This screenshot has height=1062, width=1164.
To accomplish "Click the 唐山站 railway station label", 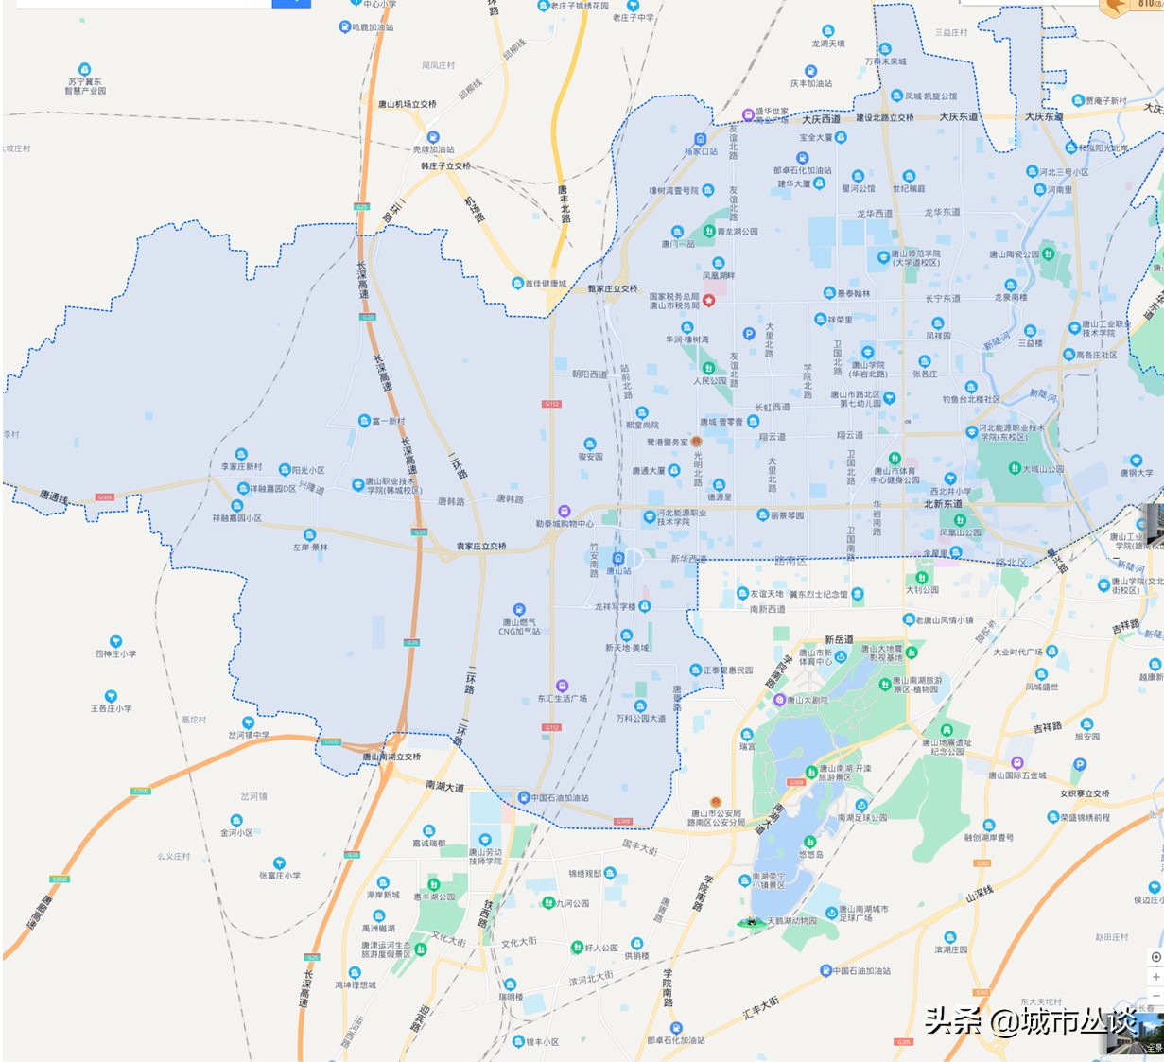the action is (x=618, y=570).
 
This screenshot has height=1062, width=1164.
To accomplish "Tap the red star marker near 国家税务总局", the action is (x=709, y=300).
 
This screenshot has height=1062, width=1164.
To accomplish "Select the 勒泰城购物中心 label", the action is (x=565, y=523).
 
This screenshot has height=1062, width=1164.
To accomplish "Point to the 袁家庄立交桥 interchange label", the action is (x=481, y=546).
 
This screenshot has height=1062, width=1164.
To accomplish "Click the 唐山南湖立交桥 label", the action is (x=391, y=757).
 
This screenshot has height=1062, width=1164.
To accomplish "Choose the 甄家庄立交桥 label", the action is (x=613, y=288).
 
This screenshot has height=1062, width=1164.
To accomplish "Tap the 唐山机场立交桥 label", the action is (x=407, y=104).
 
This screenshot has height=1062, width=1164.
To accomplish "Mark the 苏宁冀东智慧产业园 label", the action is (x=85, y=86).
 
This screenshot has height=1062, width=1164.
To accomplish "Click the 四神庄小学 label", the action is (x=115, y=653).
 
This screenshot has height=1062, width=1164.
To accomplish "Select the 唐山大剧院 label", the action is (x=807, y=700).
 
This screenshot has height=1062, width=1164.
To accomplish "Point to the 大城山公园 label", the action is (x=1042, y=469).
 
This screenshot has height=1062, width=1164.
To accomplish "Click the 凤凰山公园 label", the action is (x=960, y=532).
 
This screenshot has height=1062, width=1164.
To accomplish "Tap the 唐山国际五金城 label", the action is (x=1017, y=775).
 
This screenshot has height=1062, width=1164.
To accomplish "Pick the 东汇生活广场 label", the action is (x=563, y=698).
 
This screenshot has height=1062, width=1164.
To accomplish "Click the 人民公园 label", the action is (x=710, y=380).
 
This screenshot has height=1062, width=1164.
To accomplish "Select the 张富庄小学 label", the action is (x=280, y=875).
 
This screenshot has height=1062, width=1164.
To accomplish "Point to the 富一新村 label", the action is (x=388, y=421).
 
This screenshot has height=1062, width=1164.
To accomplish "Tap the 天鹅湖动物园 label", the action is (x=790, y=920).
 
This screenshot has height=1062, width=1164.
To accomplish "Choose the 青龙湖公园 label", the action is (x=737, y=231).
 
